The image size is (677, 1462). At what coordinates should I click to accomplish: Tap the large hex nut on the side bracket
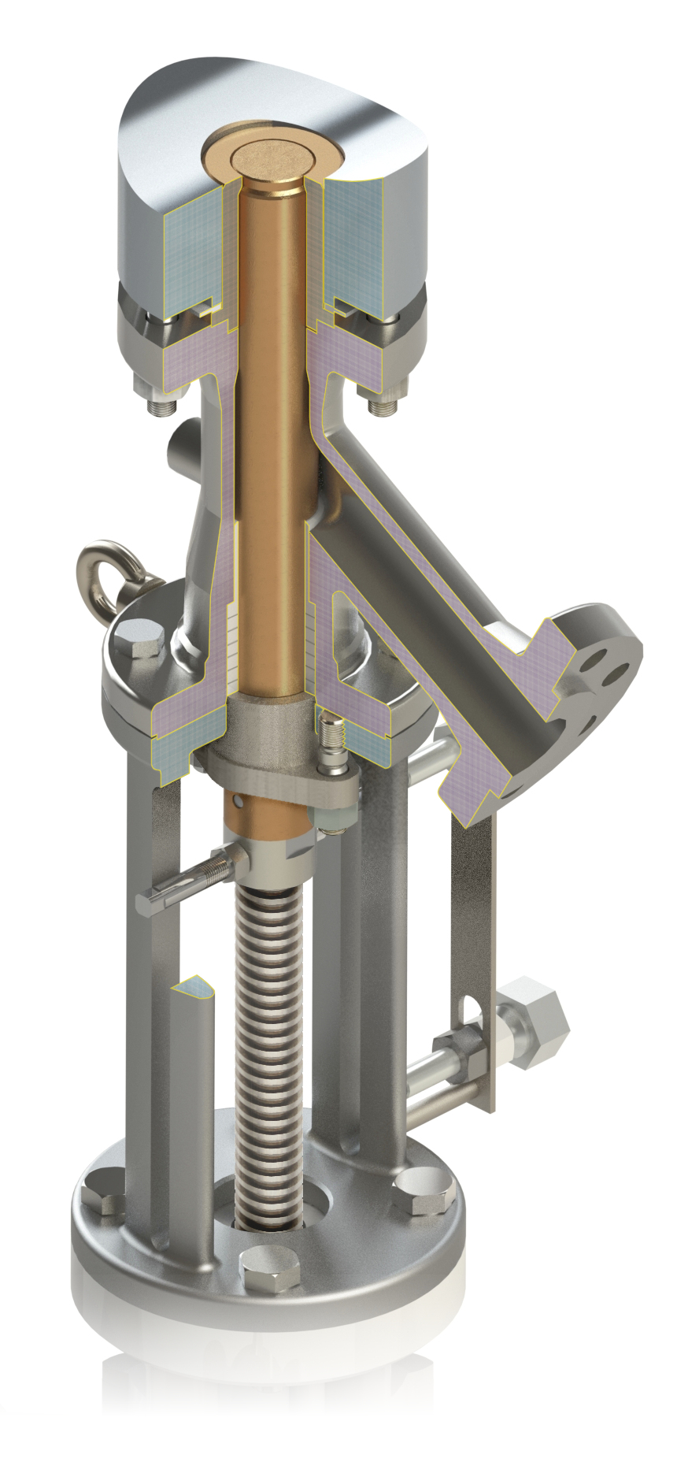point(534,1016)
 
